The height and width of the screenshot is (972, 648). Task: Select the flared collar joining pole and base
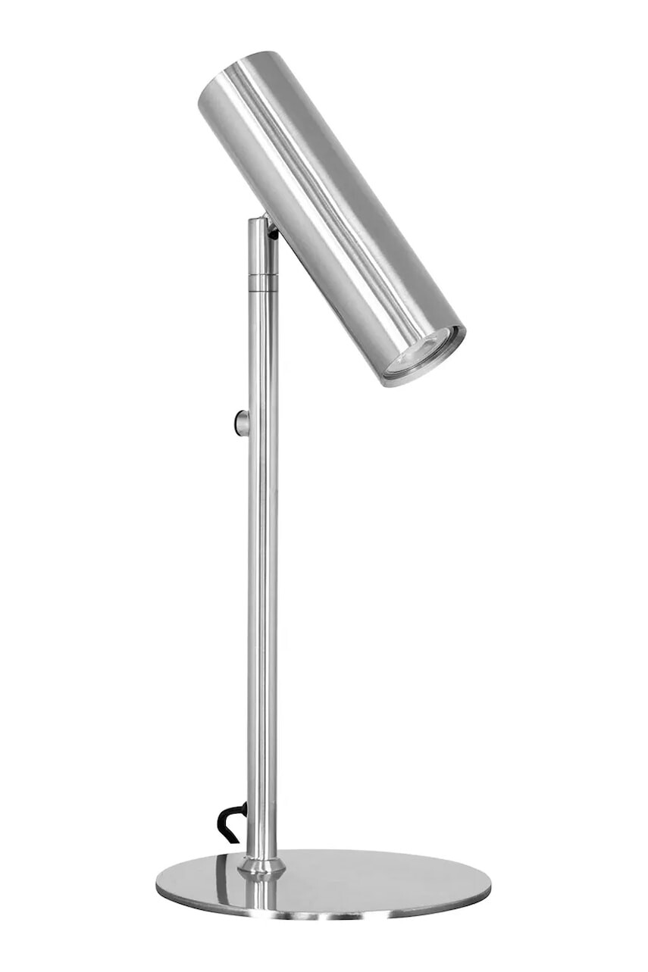[x=261, y=864]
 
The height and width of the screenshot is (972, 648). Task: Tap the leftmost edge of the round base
[x=157, y=881]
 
